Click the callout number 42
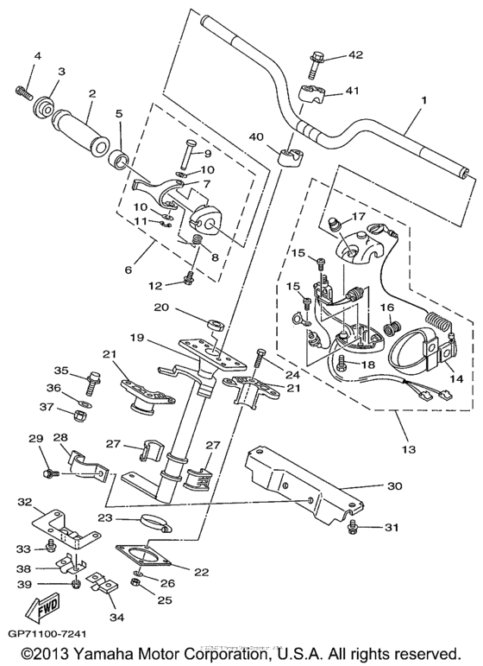(x=355, y=55)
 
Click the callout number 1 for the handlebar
(x=423, y=100)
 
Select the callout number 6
(x=128, y=269)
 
